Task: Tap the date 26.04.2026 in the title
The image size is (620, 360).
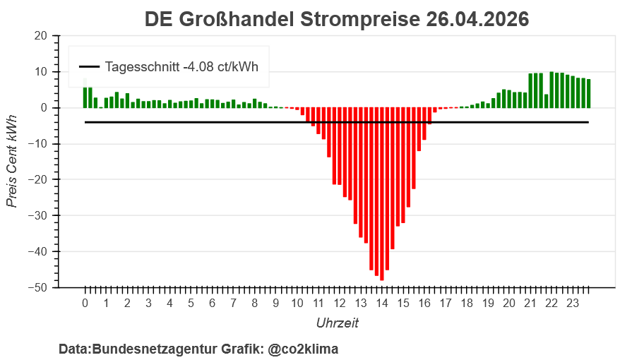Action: pos(477,19)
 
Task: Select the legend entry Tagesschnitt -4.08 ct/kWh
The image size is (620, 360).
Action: pos(181,68)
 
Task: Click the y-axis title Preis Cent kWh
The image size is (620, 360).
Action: pos(12,162)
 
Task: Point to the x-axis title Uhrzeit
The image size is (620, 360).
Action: pos(337,323)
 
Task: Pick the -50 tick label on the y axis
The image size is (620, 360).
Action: pos(38,288)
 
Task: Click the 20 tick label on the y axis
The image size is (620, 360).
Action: pos(41,36)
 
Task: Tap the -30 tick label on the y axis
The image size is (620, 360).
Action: pos(38,216)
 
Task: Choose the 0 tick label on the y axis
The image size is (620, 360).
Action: pos(44,108)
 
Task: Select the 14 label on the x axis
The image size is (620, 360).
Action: pos(382,304)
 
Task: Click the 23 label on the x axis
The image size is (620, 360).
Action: pos(573,304)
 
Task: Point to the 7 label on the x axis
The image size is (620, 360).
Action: pos(234,304)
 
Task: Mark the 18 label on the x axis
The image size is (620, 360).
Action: pos(467,304)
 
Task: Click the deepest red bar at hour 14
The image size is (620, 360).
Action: pos(382,194)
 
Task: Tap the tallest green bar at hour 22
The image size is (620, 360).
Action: pos(552,90)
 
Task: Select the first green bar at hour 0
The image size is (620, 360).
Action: pos(85,97)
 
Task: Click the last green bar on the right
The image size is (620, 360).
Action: pos(589,93)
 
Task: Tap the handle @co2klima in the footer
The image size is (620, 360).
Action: pos(303,349)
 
